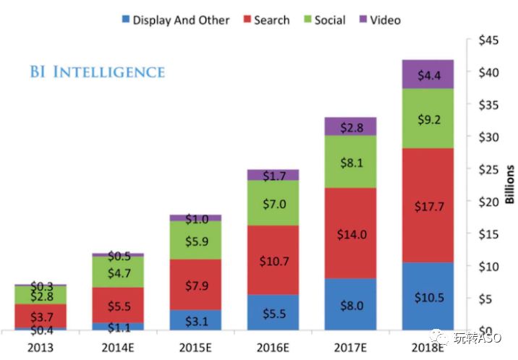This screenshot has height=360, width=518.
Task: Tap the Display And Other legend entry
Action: tap(178, 20)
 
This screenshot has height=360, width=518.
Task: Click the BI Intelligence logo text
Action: tap(97, 72)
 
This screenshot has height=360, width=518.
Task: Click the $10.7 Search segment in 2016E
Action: tap(273, 260)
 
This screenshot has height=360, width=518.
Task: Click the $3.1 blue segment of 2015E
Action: tap(195, 320)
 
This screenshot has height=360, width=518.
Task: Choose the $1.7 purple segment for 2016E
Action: tap(273, 175)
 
